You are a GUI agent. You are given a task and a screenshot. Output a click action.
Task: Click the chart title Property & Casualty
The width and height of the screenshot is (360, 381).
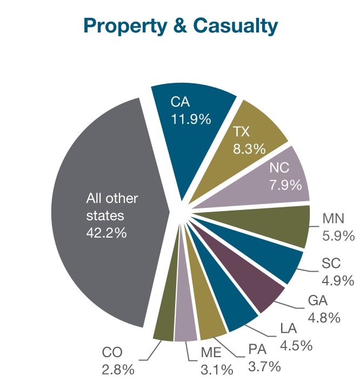pyautogui.click(x=180, y=25)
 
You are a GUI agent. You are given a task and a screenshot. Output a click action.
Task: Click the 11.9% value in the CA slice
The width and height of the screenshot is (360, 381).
pyautogui.click(x=190, y=119)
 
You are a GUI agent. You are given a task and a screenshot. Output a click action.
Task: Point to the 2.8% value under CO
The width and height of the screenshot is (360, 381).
pyautogui.click(x=117, y=371)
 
